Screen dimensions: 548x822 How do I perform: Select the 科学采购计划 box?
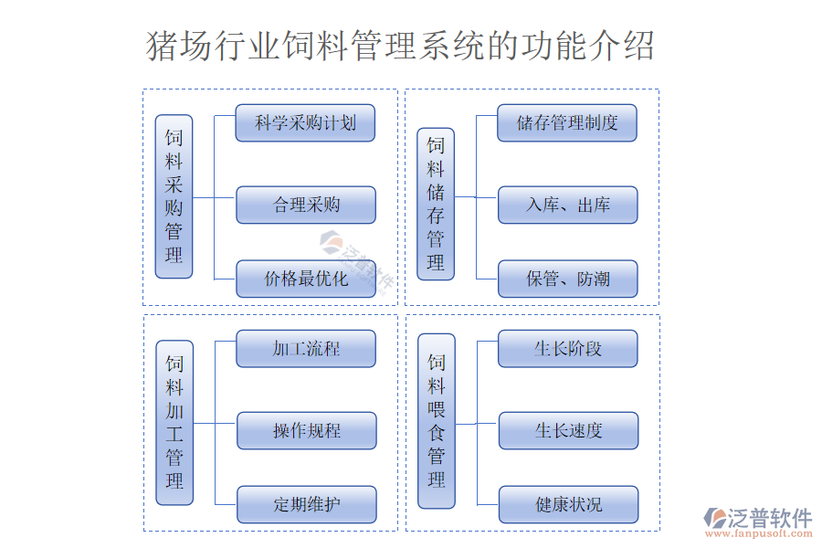(x=305, y=123)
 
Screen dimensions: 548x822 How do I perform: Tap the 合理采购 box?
(x=306, y=205)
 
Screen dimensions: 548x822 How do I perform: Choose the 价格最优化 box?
(x=306, y=279)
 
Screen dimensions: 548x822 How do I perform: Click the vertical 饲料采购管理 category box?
(x=174, y=196)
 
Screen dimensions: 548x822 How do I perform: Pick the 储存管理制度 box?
(x=567, y=123)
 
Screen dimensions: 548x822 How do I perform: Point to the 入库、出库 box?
(x=567, y=205)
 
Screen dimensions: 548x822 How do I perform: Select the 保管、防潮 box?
(x=567, y=279)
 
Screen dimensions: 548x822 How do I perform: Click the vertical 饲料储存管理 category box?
(x=436, y=203)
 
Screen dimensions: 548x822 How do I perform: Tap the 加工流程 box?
(x=306, y=349)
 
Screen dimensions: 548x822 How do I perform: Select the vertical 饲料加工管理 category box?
(x=174, y=422)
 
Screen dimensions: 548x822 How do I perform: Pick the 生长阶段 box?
(x=568, y=349)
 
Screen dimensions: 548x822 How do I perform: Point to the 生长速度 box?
(x=568, y=430)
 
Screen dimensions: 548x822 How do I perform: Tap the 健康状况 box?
(x=568, y=504)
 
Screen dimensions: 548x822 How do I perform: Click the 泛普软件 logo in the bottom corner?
(x=757, y=518)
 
